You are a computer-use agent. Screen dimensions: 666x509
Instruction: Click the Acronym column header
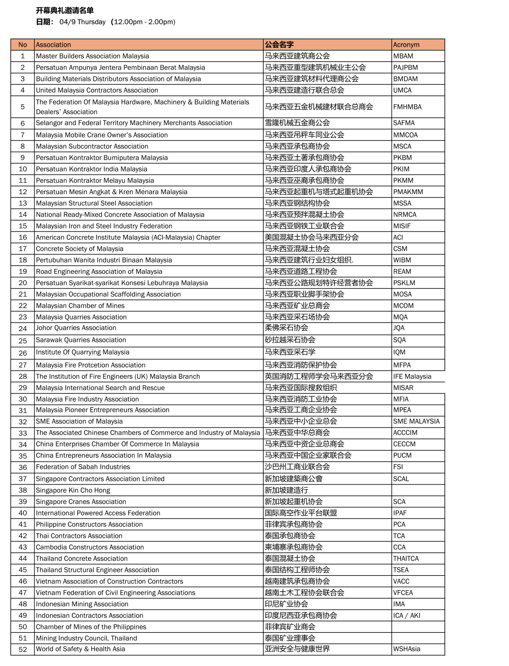click(x=406, y=45)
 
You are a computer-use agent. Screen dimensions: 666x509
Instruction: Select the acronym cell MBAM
click(x=403, y=56)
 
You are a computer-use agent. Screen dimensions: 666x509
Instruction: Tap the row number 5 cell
click(x=23, y=107)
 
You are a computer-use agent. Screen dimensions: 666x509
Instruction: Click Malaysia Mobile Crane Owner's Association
click(x=102, y=135)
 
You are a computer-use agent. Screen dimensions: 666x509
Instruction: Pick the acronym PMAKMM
click(x=408, y=192)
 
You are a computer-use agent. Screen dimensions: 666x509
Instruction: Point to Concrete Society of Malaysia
click(x=80, y=249)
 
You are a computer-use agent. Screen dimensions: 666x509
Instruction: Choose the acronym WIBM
click(x=402, y=260)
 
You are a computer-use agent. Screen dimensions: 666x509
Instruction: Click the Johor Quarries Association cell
click(x=76, y=328)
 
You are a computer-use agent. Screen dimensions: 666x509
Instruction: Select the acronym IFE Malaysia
click(x=412, y=377)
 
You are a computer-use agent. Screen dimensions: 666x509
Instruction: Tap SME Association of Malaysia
click(x=79, y=422)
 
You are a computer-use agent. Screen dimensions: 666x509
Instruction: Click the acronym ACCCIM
click(x=405, y=433)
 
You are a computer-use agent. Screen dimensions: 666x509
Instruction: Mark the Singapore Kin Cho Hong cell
click(x=73, y=490)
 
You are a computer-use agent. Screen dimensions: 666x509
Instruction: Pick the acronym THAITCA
click(x=406, y=559)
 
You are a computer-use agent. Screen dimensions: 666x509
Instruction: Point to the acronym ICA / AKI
click(x=407, y=616)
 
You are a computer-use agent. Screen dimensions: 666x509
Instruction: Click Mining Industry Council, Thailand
click(x=86, y=638)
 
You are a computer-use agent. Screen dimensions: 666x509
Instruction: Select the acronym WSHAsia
click(x=407, y=649)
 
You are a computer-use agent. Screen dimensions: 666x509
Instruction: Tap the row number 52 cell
click(x=23, y=649)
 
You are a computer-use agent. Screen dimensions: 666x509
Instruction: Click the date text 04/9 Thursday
click(x=83, y=22)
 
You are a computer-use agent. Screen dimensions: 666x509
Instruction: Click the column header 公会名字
click(x=279, y=45)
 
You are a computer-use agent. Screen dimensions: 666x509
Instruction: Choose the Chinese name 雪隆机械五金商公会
click(x=297, y=123)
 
